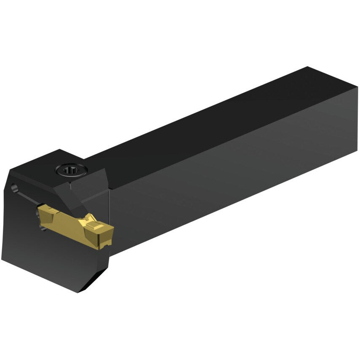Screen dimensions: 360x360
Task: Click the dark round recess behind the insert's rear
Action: click(x=44, y=228)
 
